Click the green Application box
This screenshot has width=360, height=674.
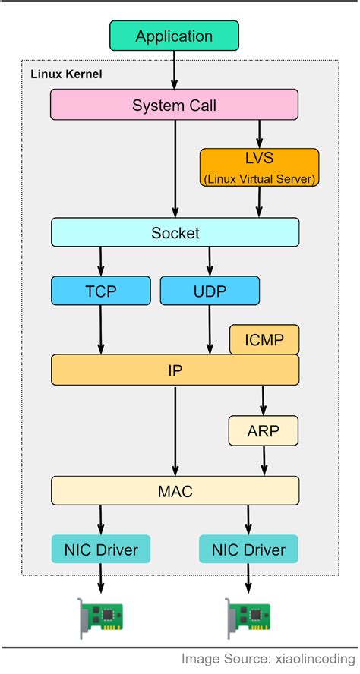pos(174,36)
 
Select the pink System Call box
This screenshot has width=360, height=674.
pos(174,105)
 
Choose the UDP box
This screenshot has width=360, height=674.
pos(210,290)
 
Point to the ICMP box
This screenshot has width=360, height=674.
pos(264,339)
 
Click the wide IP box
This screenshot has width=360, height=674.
pos(175,370)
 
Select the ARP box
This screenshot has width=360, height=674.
pos(264,430)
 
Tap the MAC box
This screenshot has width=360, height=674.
pos(175,490)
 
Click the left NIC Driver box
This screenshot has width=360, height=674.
pos(100,549)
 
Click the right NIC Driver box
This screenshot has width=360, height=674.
pos(248,549)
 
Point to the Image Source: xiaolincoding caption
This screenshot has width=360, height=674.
pos(269,659)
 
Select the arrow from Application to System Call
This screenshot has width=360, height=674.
pos(174,70)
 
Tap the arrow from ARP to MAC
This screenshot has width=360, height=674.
pos(264,460)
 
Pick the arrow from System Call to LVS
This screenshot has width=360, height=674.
pos(259,134)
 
